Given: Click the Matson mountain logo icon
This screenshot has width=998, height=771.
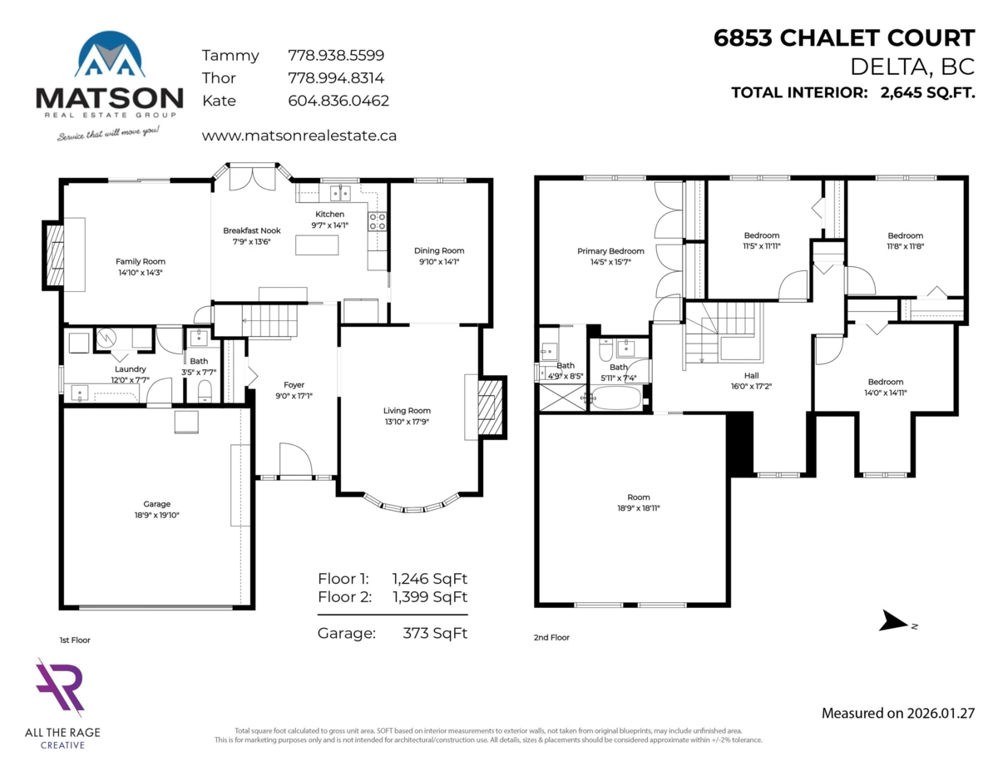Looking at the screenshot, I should pos(109,57).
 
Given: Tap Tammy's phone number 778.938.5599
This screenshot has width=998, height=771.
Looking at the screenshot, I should pos(335,56).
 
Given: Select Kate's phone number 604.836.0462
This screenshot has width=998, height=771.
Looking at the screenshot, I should pos(338,101).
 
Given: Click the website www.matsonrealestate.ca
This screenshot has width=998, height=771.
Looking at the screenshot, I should pos(299,135).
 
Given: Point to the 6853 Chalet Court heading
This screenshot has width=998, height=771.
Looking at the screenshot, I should pos(844,38).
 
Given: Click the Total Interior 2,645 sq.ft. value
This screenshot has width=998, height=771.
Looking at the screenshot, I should pos(926,92).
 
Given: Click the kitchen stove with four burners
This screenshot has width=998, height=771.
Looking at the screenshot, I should pos(377,221).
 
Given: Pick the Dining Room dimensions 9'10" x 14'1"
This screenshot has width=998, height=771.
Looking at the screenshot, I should pos(439,261).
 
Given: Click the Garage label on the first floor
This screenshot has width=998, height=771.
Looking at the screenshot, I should pos(156,504).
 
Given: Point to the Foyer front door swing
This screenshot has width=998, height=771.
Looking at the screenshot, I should pos(294,460).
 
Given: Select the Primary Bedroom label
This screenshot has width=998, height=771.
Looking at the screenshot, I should pos(610,251).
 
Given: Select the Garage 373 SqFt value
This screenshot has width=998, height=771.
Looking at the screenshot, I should pos(429,633).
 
